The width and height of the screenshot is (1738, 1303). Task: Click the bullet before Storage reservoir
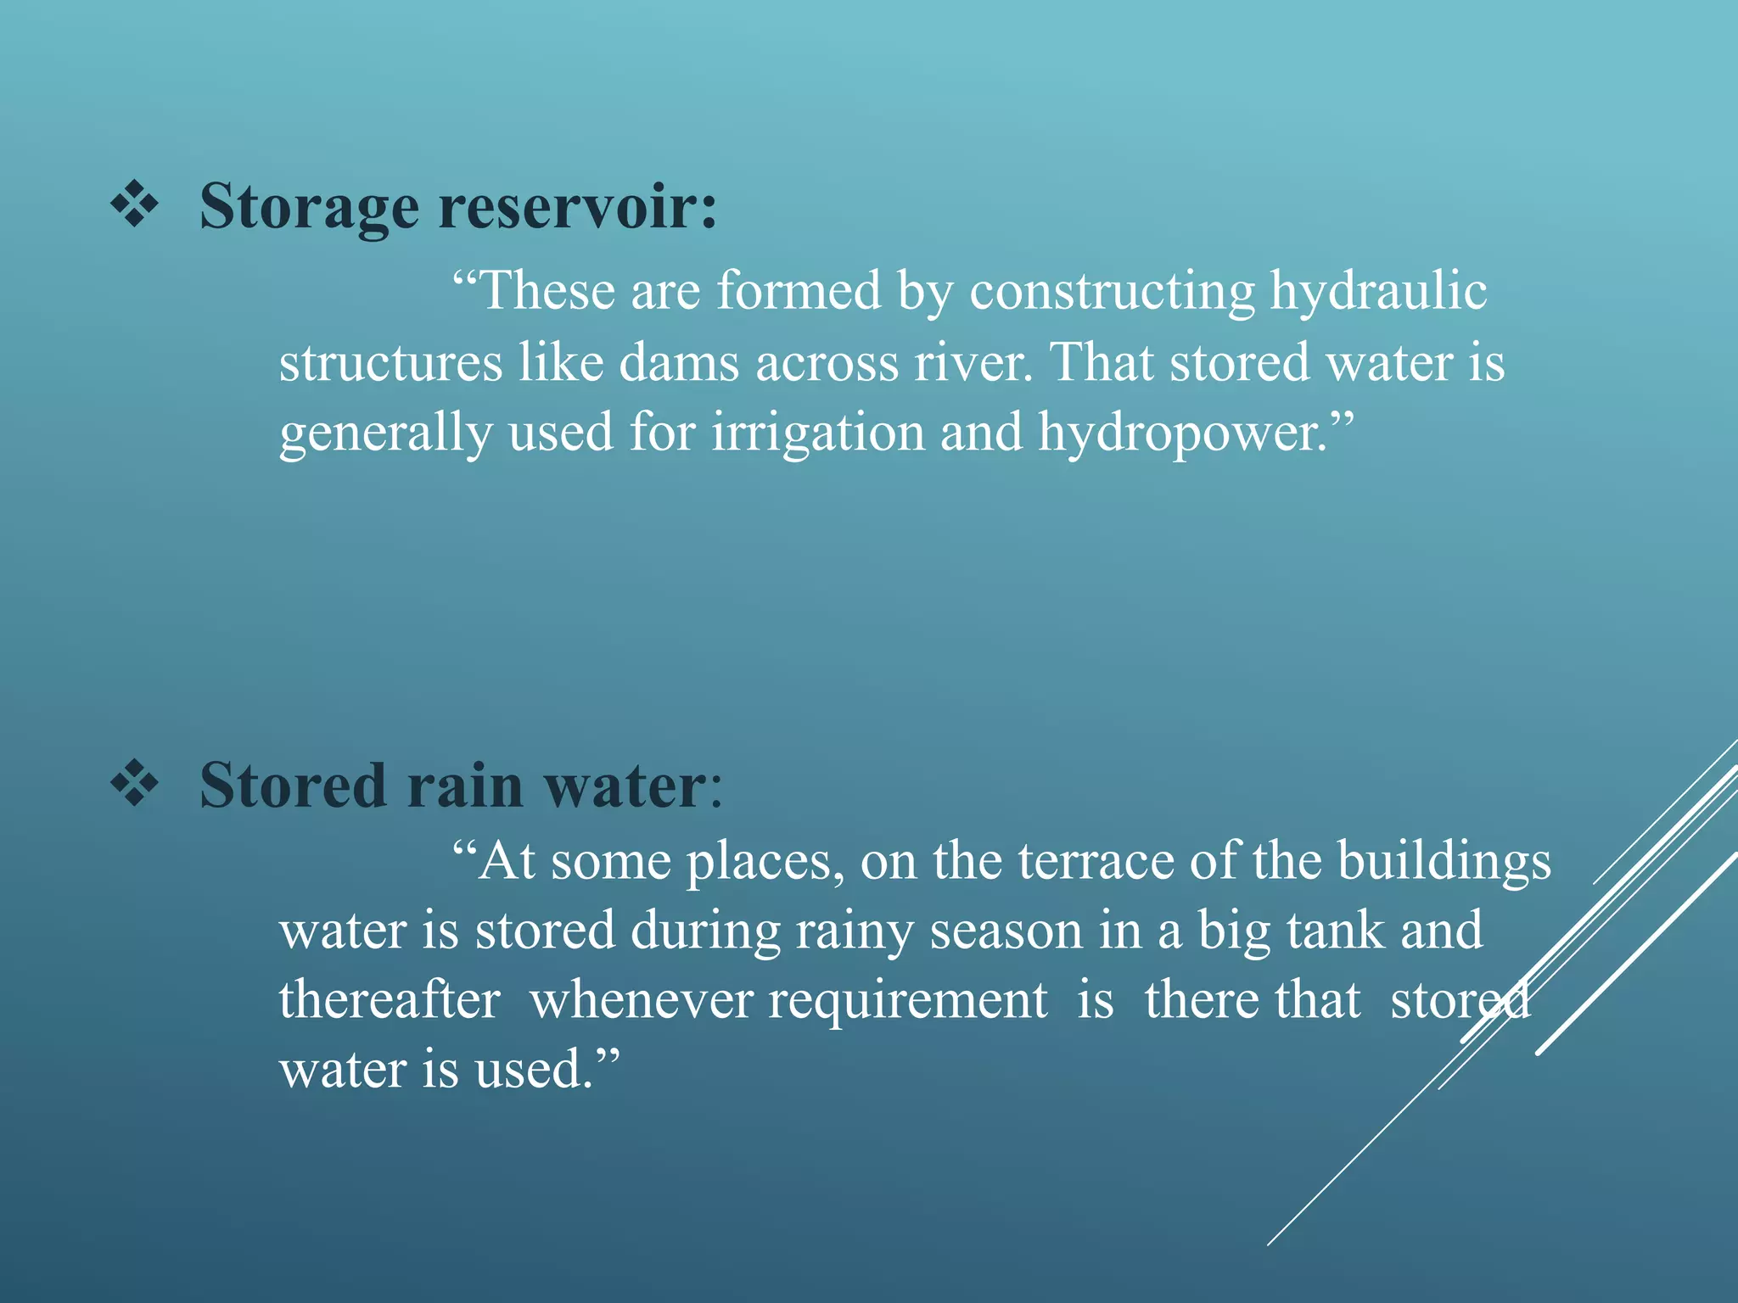tap(134, 206)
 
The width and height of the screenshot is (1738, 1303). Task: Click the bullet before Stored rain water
tap(134, 784)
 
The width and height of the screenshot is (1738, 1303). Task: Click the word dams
tap(679, 363)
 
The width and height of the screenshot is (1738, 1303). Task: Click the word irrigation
tap(818, 433)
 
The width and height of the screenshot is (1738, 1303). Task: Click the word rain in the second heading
tap(465, 786)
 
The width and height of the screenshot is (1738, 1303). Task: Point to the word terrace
tap(1096, 861)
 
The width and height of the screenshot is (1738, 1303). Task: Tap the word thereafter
tap(390, 999)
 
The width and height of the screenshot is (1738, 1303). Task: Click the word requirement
tap(907, 1001)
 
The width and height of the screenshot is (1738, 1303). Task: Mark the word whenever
tap(641, 999)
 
